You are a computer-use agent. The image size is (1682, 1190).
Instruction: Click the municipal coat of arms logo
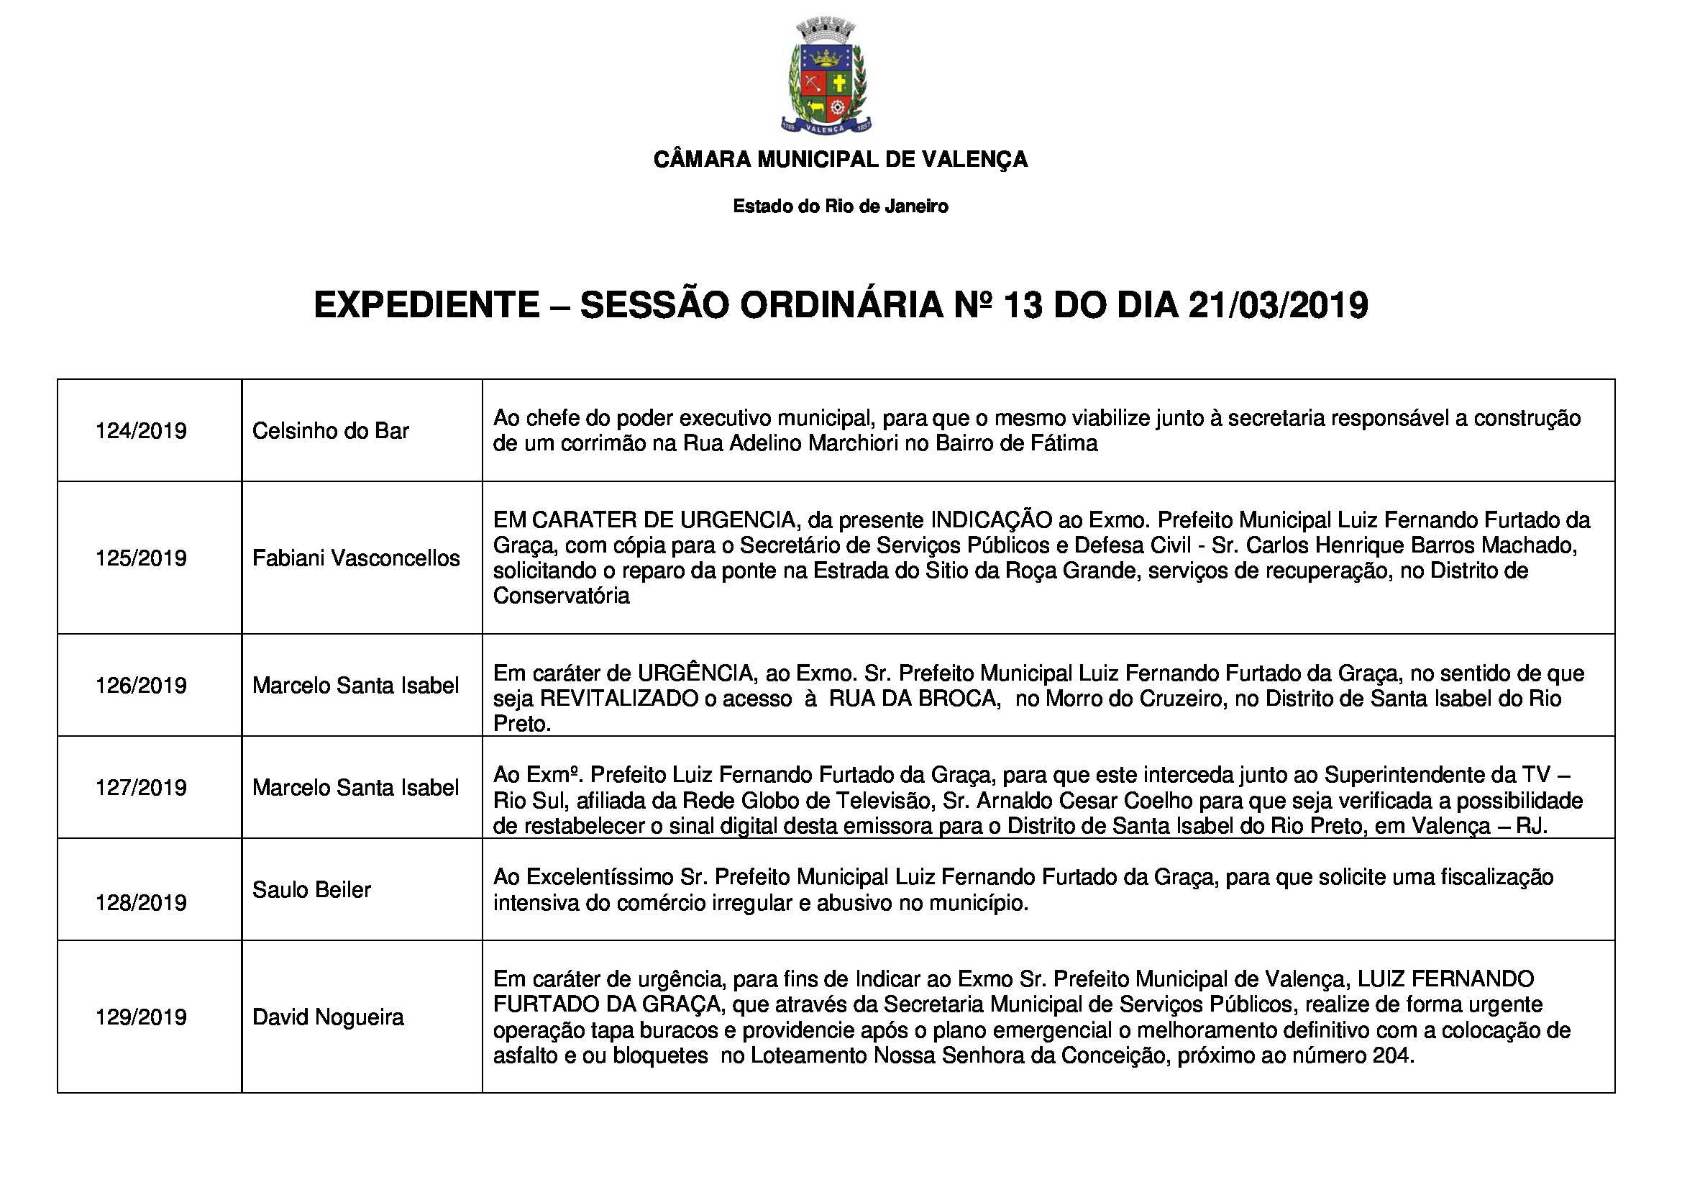826,78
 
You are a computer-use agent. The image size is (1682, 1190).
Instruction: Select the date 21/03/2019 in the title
1278,306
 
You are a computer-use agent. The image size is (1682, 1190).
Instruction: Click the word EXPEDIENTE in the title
426,306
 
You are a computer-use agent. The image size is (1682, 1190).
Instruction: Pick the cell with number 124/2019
141,431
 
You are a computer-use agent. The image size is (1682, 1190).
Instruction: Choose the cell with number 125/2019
141,558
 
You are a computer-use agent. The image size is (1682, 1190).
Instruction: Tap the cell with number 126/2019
141,686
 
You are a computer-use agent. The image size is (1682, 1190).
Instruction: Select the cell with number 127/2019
141,788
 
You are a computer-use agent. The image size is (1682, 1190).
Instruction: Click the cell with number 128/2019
141,903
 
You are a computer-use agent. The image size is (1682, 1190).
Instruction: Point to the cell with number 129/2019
141,1017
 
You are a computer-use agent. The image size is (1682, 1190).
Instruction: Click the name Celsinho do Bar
330,431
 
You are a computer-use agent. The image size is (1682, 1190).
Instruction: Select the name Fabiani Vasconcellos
356,558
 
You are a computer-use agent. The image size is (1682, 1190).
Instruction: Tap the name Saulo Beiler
311,889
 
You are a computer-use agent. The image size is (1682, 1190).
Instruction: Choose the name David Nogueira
328,1017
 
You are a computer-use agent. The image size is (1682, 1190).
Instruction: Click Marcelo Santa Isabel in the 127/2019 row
356,788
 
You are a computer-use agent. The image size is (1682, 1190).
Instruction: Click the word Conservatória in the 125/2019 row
561,596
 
